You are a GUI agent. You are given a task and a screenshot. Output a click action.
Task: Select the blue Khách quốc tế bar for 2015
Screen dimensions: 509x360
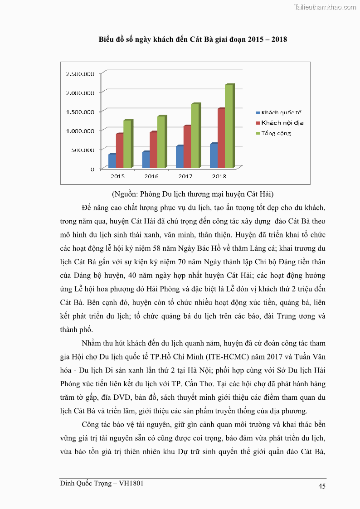pos(112,161)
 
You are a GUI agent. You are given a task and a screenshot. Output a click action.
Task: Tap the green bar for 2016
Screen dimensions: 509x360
pos(161,142)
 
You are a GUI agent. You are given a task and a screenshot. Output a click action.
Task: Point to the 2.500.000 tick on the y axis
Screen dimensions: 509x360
pos(80,73)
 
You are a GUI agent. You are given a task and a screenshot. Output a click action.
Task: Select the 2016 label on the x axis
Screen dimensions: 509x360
pos(151,176)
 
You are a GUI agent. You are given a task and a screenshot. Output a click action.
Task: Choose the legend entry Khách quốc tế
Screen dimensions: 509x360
pos(282,112)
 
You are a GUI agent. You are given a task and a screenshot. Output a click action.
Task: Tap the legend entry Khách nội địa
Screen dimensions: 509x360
pos(282,123)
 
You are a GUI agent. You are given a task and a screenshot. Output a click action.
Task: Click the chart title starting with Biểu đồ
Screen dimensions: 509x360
pos(193,39)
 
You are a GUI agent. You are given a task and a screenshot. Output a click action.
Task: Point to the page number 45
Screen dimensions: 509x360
pos(322,486)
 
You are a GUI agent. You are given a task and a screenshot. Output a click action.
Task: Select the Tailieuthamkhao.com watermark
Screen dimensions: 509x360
pos(325,7)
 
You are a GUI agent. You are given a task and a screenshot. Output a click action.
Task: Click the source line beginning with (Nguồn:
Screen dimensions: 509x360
pos(193,194)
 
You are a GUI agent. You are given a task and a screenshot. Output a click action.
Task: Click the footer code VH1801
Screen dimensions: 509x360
pos(131,483)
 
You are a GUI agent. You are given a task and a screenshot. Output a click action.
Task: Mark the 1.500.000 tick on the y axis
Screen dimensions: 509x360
pos(80,111)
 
